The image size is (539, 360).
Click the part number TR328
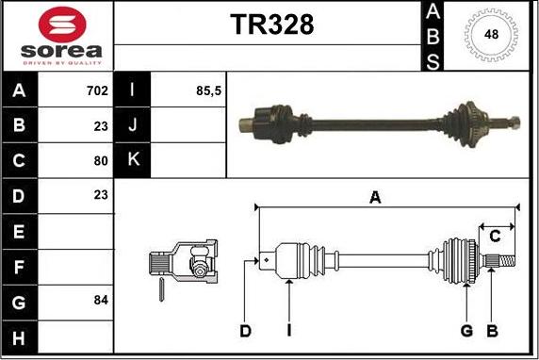tap(272, 25)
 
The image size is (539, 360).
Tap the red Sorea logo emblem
tap(62, 25)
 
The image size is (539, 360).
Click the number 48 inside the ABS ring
tap(491, 34)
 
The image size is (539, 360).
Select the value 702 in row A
tap(97, 90)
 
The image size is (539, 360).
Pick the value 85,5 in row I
tap(208, 90)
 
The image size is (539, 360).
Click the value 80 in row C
tap(101, 160)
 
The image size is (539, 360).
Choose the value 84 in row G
tap(101, 301)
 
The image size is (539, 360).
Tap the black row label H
tap(19, 338)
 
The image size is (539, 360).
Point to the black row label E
tap(19, 232)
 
